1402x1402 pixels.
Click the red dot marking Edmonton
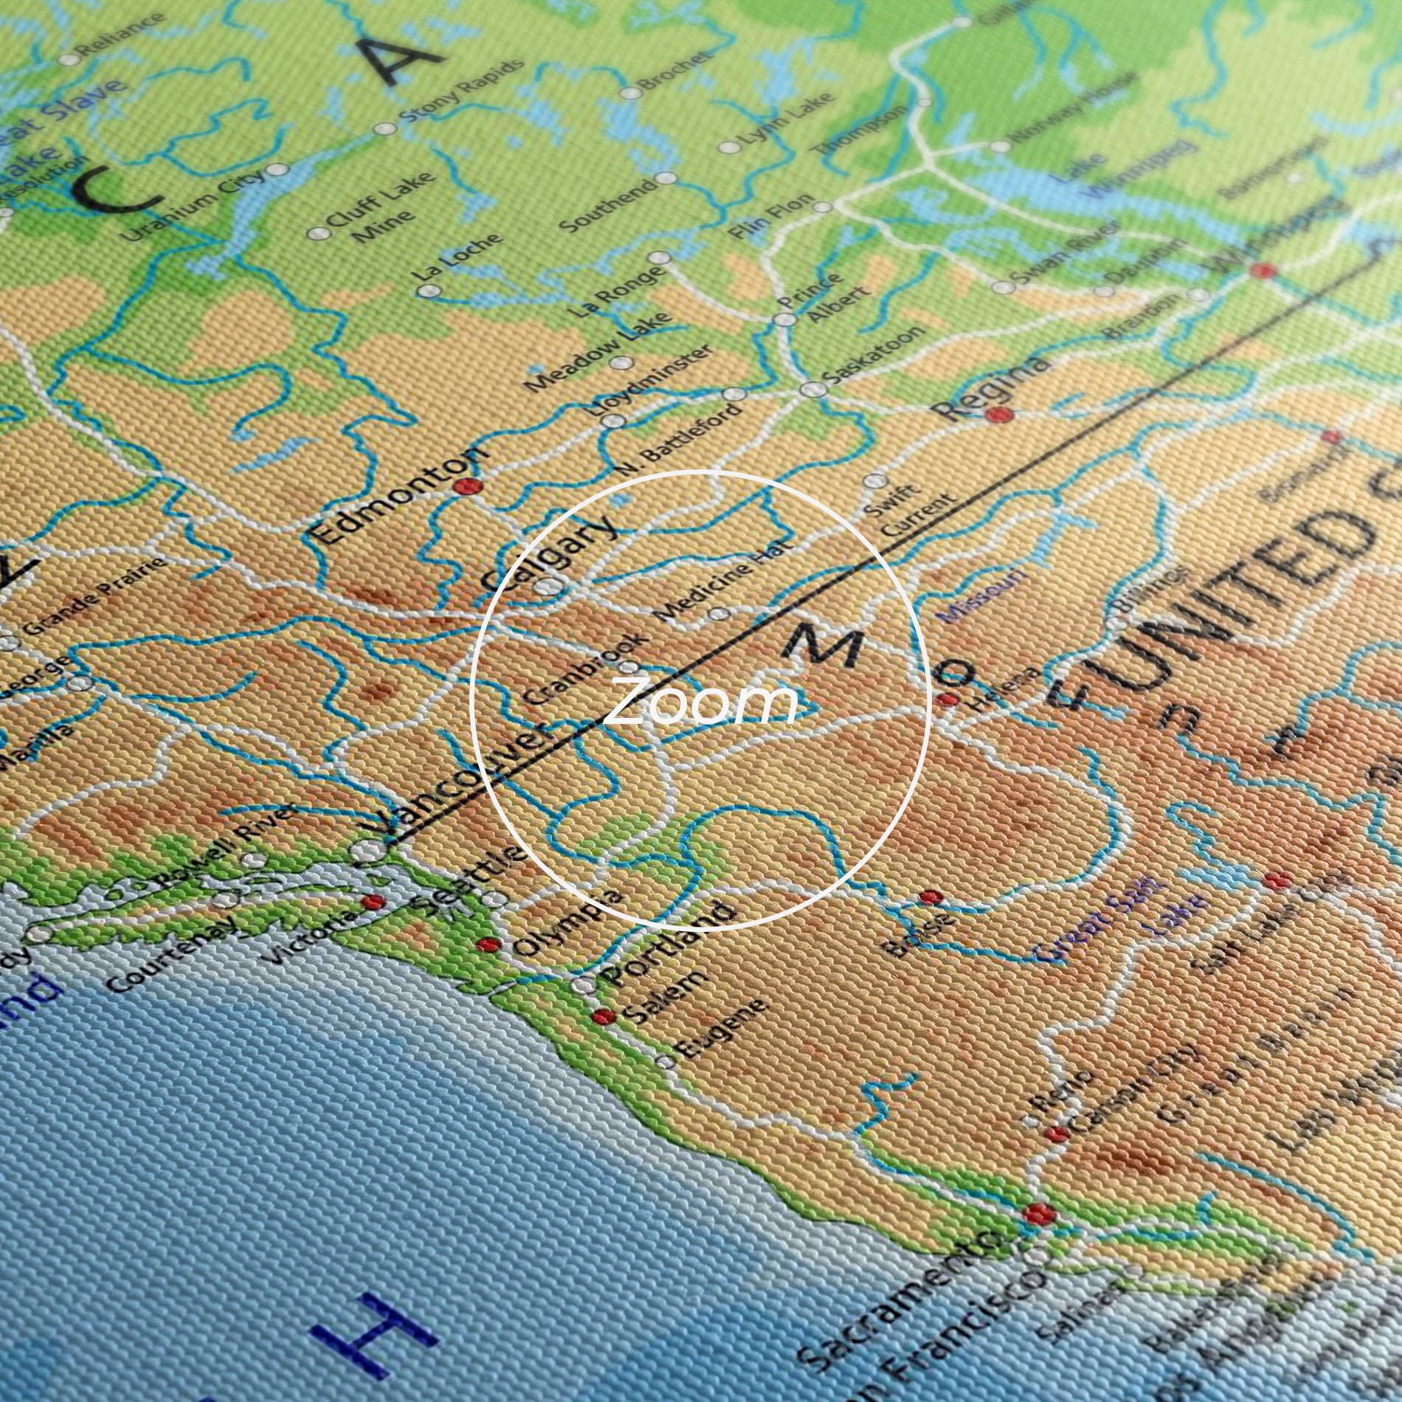467,486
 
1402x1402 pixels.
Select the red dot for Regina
998,414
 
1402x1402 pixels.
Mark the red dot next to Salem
603,1016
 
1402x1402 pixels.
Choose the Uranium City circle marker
277,170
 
